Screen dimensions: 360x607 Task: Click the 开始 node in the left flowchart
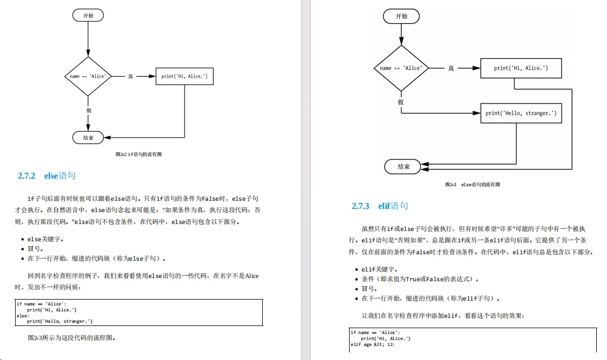point(88,15)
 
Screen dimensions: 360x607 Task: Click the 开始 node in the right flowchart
point(401,16)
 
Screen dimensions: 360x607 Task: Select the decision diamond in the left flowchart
point(88,76)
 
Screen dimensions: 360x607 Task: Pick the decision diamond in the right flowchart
point(401,68)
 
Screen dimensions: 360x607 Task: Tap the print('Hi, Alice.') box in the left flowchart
point(184,76)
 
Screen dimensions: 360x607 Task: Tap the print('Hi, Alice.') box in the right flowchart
point(521,68)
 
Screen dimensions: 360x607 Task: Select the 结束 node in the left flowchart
point(88,138)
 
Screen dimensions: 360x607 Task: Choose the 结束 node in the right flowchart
point(404,167)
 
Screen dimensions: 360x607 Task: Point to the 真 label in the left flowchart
point(130,77)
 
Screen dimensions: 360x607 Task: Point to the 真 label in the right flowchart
point(451,69)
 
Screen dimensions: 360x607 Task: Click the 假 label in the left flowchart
point(88,110)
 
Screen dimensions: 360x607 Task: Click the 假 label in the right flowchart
point(401,102)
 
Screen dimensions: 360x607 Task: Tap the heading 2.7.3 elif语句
point(380,206)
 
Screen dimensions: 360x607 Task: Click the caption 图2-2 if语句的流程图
point(139,154)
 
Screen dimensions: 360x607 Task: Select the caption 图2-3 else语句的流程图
point(472,185)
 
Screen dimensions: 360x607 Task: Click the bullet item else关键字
point(49,239)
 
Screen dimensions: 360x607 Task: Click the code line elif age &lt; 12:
point(373,344)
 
